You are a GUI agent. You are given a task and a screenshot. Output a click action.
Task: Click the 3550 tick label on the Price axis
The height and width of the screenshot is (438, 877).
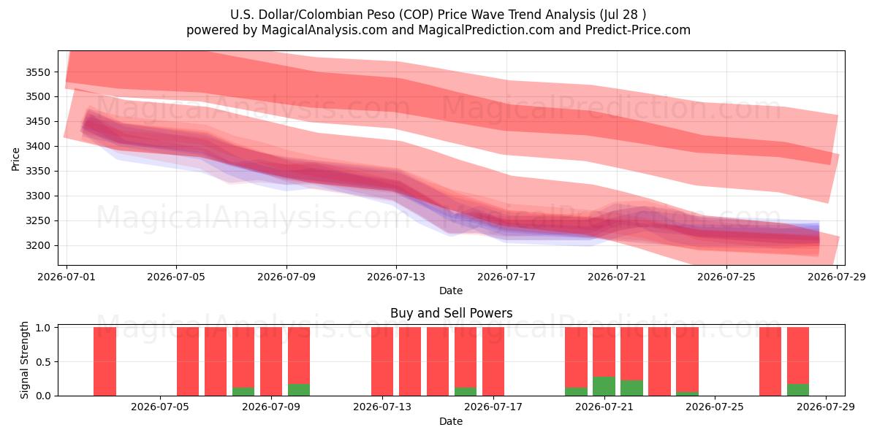(38, 72)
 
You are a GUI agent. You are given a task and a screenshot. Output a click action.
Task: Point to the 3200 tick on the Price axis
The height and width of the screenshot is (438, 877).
(38, 245)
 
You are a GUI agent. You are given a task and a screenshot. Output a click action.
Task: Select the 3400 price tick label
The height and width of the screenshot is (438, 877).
(38, 146)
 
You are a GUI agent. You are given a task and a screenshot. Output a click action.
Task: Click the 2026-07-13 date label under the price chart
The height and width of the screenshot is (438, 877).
(396, 277)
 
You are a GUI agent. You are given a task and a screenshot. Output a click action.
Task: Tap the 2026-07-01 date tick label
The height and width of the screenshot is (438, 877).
(67, 277)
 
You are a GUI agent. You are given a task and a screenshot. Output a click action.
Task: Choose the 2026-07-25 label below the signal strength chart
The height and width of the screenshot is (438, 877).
(715, 407)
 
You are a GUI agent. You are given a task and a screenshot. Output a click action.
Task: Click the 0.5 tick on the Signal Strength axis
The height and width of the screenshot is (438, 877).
(43, 362)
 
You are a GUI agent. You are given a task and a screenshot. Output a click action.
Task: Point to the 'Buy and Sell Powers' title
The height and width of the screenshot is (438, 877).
(451, 313)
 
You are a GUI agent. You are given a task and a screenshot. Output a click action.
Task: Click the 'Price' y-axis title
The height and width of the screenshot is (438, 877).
(15, 159)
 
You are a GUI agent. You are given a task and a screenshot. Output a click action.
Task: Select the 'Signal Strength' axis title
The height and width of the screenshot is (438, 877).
(24, 360)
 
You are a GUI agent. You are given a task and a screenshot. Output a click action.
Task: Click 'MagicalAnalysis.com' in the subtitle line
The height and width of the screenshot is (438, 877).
(324, 30)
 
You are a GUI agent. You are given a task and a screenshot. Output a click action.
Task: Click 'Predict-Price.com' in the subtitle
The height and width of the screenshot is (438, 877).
(638, 30)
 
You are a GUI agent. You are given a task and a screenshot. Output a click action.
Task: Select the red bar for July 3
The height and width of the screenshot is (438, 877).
(105, 361)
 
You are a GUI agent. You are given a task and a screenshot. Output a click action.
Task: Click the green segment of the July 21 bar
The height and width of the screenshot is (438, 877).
(604, 386)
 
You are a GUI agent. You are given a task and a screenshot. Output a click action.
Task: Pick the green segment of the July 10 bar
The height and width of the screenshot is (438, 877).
(299, 390)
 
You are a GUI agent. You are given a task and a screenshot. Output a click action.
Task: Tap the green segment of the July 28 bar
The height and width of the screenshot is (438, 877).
(798, 390)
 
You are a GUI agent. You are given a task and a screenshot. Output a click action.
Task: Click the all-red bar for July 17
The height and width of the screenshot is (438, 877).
(493, 361)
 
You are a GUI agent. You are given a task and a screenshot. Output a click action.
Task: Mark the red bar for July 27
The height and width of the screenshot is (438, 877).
(770, 361)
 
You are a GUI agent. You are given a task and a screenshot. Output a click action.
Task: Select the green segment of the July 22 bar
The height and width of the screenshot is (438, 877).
(631, 388)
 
